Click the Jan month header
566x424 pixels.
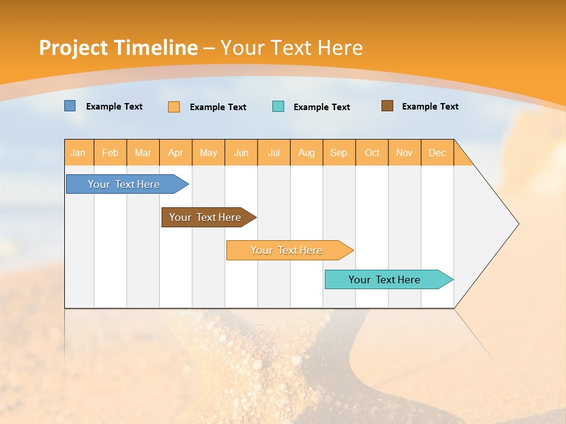pos(78,153)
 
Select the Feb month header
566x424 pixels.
pos(110,153)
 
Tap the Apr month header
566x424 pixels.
pos(176,153)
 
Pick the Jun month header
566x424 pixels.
pos(241,153)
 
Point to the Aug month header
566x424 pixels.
pos(307,153)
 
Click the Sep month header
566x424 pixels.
pos(339,153)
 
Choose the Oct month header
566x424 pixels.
pos(372,153)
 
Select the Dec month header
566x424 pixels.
pos(437,153)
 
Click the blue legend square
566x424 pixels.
pos(70,106)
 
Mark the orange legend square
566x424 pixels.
pos(174,107)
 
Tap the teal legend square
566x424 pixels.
pos(278,107)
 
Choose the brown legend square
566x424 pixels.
pos(387,106)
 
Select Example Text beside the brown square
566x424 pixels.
pos(430,107)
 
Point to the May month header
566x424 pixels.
pos(208,153)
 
